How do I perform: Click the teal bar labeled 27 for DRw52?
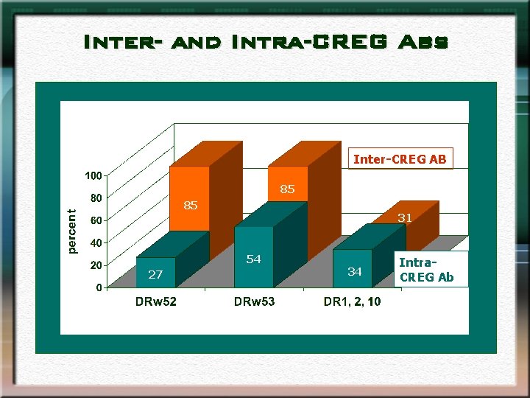pos(155,271)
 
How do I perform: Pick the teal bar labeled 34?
pos(352,269)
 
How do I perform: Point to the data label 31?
pos(405,217)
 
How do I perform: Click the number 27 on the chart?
pos(155,275)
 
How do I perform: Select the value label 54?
pos(253,259)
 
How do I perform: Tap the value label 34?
pos(355,272)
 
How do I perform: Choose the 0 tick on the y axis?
pos(99,287)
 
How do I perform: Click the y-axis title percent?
pos(71,231)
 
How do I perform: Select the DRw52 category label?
pos(155,301)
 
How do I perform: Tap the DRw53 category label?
pos(254,301)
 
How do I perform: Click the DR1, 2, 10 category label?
pos(352,301)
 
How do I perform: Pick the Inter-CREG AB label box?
pos(400,159)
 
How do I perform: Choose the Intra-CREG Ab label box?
pos(426,270)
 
